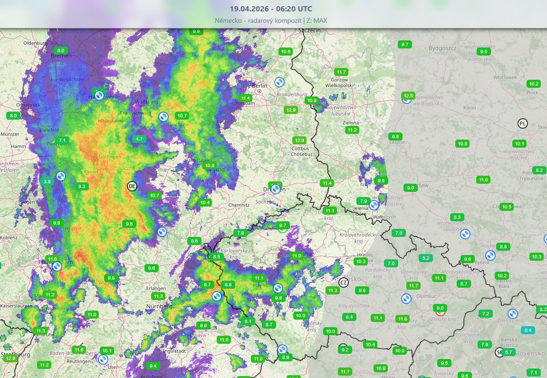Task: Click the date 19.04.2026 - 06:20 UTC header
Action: click(271, 9)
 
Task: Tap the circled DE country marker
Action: click(132, 186)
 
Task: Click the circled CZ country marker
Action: click(344, 283)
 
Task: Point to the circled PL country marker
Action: click(523, 124)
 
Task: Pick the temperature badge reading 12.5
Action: click(408, 96)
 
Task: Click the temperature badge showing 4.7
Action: click(139, 139)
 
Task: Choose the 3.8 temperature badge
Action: click(47, 181)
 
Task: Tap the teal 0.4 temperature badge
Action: click(528, 330)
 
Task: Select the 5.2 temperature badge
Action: click(425, 258)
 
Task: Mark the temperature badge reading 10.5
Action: click(507, 207)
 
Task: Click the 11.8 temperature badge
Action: click(403, 319)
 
